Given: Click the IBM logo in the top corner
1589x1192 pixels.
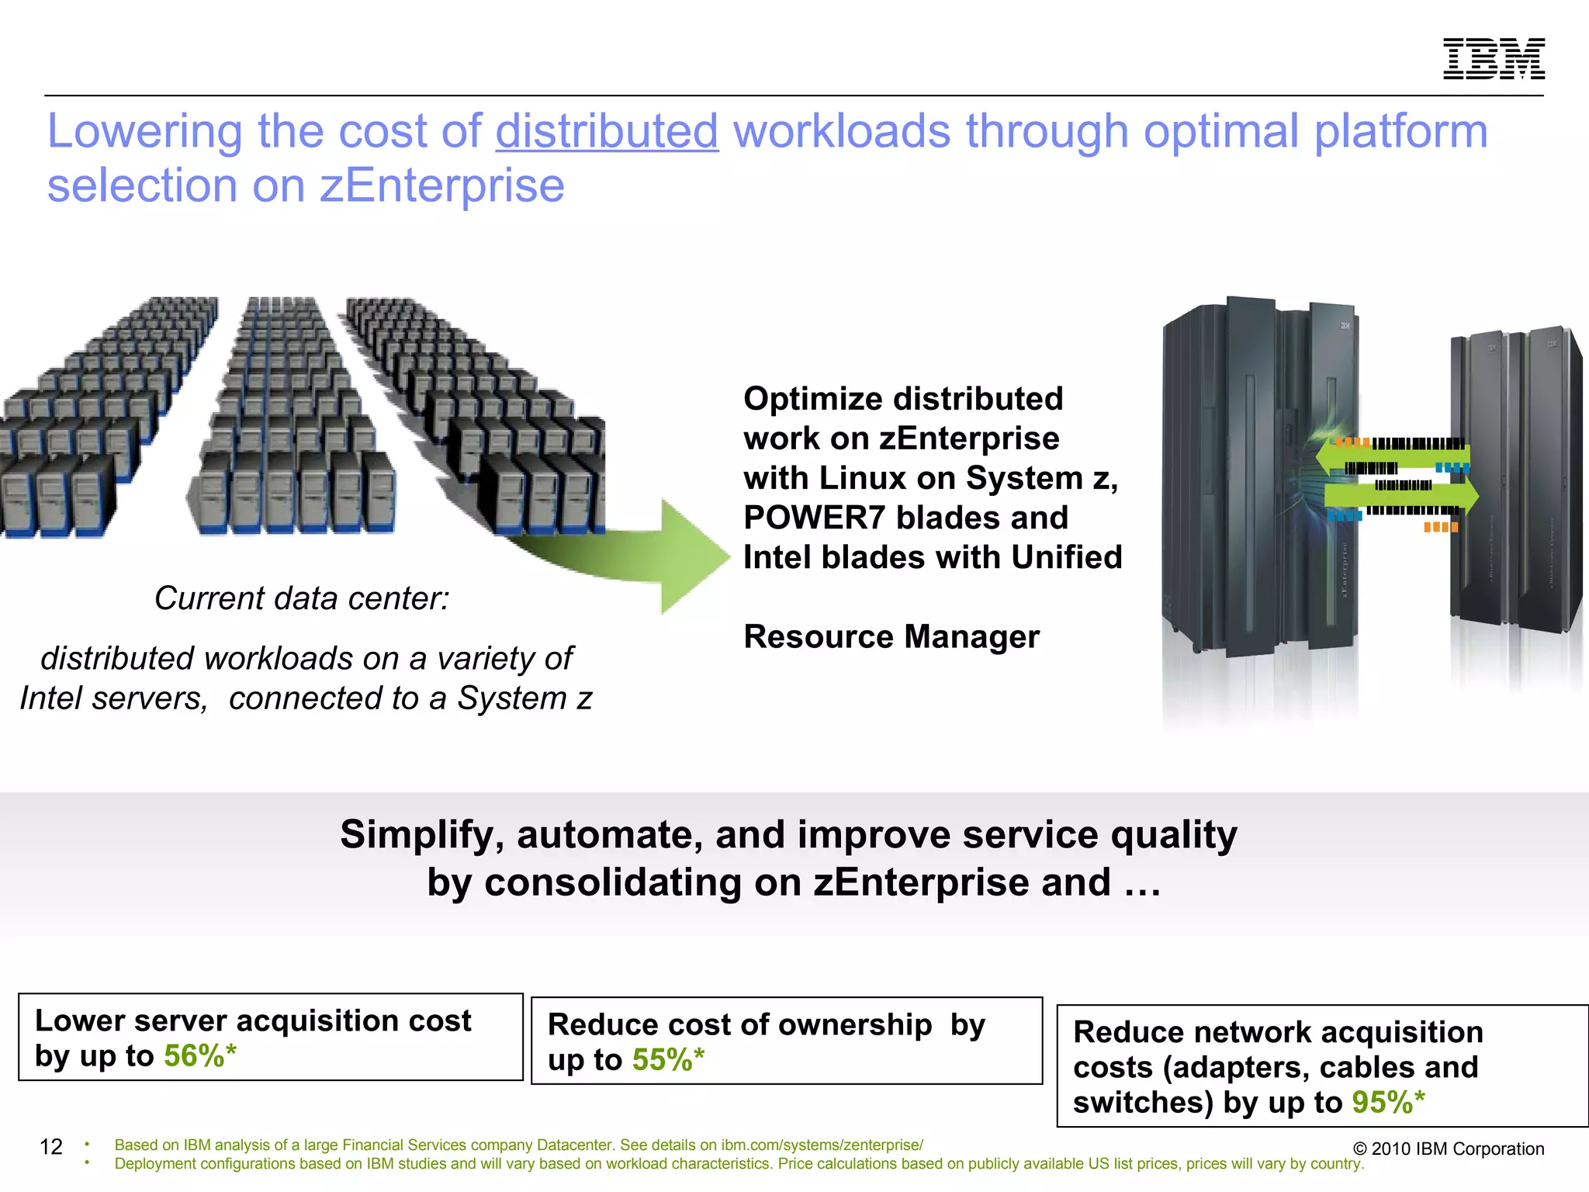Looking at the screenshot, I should click(1494, 58).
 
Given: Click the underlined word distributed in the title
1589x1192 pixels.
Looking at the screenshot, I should click(607, 130).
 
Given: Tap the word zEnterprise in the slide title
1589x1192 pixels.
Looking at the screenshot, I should click(442, 185).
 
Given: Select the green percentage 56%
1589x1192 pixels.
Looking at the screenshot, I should click(194, 1056).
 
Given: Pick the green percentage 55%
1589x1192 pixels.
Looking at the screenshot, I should click(662, 1060).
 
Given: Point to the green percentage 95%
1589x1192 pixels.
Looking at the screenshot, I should click(1382, 1103).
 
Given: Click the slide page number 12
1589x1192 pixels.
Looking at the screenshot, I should click(51, 1147).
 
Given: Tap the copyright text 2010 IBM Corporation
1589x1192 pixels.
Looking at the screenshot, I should click(1449, 1149).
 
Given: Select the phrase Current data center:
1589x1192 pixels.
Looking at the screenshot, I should click(302, 598).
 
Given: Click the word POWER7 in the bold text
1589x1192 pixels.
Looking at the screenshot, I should click(814, 518).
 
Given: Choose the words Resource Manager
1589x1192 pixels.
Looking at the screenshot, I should click(891, 637).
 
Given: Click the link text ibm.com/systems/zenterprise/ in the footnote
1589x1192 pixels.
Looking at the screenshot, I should click(822, 1145).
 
